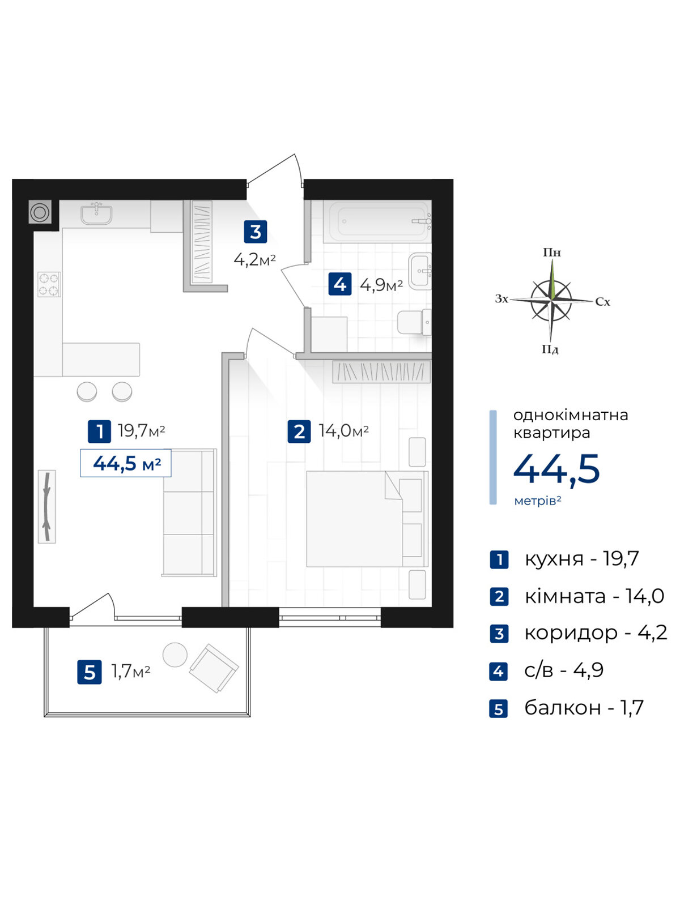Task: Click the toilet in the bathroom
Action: pos(414,322)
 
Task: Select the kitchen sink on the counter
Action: pos(96,213)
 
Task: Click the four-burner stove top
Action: pos(49,284)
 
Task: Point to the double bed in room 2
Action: pos(367,519)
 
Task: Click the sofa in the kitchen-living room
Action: pos(189,512)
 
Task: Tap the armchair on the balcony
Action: pos(214,668)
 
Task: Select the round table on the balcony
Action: pos(175,655)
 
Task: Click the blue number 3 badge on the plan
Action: pos(256,232)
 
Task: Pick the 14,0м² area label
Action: pos(343,431)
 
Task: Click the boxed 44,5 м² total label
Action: pos(125,463)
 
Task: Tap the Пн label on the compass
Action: pos(551,252)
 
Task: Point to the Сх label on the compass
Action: pos(602,302)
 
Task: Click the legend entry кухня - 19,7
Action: pos(582,559)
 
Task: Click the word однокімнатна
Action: pos(571,415)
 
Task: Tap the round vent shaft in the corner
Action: pos(40,212)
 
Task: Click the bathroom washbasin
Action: pos(420,271)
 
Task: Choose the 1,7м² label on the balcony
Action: pos(131,672)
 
